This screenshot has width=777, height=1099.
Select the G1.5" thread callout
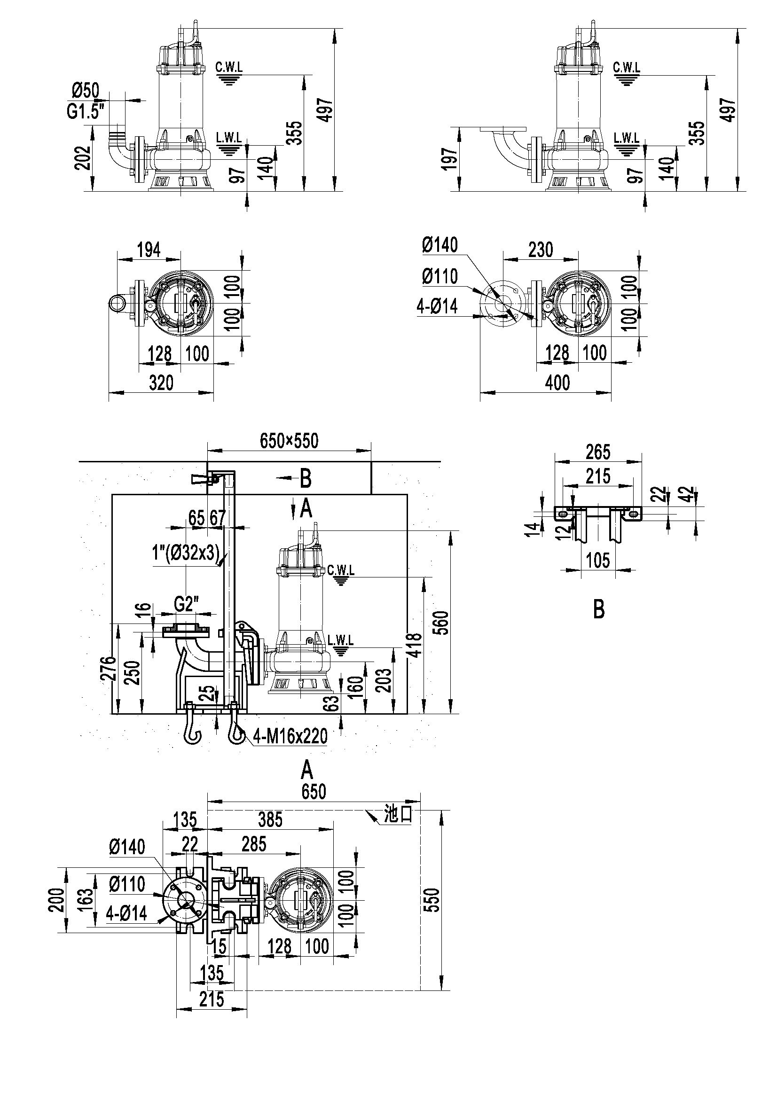[x=85, y=111]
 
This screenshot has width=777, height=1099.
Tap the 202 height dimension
[x=83, y=157]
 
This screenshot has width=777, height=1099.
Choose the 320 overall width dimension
[x=161, y=382]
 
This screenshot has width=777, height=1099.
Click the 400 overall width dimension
[x=558, y=382]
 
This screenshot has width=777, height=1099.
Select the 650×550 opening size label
[x=289, y=440]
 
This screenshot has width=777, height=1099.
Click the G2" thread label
[x=186, y=605]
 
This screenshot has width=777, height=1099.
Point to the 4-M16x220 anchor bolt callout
[x=290, y=736]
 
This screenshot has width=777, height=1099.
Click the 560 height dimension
[x=443, y=622]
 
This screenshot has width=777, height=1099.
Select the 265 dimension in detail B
[x=598, y=452]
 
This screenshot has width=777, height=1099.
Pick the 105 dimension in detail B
[x=598, y=560]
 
